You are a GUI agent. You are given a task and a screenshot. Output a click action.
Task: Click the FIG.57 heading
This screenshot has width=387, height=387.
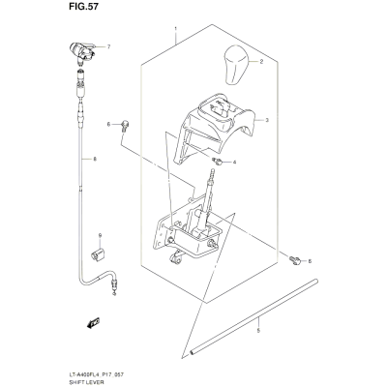click(83, 7)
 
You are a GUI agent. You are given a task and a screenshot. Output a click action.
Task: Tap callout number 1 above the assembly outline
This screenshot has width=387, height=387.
click(176, 29)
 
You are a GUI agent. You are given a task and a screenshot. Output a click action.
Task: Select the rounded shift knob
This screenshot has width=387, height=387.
click(236, 65)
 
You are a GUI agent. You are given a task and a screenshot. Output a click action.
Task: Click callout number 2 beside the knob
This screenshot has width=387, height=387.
click(261, 62)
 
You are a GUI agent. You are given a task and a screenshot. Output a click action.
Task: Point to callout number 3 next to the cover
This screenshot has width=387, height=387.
click(267, 120)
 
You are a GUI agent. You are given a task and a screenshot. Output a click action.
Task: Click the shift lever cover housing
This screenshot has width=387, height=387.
click(214, 129)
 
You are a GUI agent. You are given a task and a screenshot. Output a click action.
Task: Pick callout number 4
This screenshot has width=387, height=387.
click(234, 162)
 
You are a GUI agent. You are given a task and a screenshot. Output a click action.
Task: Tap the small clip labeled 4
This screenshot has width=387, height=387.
click(217, 161)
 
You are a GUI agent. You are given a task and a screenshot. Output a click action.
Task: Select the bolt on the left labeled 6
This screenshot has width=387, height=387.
click(124, 125)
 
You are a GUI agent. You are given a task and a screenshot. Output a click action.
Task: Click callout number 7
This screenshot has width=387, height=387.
click(108, 47)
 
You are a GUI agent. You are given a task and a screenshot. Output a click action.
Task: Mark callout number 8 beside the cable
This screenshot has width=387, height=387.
click(95, 159)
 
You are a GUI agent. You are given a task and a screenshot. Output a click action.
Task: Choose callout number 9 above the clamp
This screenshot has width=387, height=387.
click(100, 236)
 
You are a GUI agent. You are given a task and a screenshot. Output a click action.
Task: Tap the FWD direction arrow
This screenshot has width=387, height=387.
click(94, 323)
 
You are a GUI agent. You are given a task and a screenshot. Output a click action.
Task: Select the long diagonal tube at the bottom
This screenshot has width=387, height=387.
click(254, 317)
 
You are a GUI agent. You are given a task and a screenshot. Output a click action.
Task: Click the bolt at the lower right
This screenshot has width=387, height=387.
click(294, 259)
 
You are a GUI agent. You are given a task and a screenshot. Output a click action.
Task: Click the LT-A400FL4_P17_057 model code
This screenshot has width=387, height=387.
click(97, 375)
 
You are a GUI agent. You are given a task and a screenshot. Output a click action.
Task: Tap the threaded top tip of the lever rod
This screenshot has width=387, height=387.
click(213, 171)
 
